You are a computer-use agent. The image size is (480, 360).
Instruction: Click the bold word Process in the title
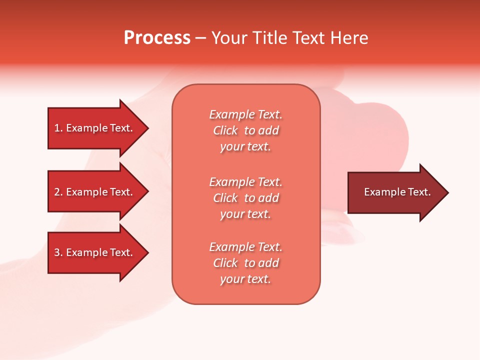coord(157,38)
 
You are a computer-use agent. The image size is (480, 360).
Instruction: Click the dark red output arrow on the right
coord(395,192)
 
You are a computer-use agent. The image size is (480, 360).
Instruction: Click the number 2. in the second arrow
coord(58,192)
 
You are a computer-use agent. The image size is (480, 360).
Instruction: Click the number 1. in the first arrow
coord(58,128)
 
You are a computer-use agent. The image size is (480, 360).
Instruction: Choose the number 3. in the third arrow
coord(58,252)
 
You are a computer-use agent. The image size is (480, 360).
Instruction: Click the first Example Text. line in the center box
coord(245,114)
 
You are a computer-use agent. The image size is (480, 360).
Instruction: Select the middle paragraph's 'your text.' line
coord(245,214)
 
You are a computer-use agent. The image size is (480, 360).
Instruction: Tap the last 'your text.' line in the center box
coord(245,279)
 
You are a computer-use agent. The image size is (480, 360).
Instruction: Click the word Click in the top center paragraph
coord(225,130)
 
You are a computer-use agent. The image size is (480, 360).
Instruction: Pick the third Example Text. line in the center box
coord(245,247)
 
